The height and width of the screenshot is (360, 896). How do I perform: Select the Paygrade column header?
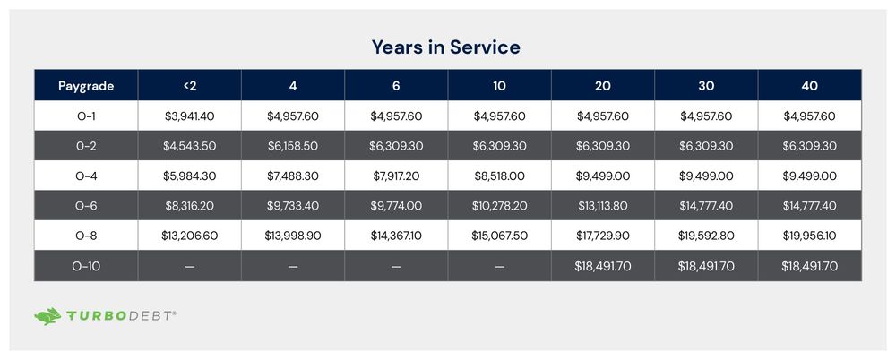[x=86, y=86]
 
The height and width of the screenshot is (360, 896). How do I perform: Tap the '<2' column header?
[x=189, y=86]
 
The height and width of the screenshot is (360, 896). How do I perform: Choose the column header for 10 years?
[x=499, y=86]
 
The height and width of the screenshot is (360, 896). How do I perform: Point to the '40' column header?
[x=809, y=86]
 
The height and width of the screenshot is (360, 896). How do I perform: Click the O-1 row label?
[x=86, y=116]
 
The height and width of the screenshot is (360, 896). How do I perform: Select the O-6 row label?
[x=86, y=206]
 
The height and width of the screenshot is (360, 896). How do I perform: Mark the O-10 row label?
[x=86, y=267]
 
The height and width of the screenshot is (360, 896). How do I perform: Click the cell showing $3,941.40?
[x=189, y=116]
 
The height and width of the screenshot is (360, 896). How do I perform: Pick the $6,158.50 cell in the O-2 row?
[x=292, y=146]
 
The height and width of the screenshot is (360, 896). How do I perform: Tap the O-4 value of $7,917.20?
[x=396, y=176]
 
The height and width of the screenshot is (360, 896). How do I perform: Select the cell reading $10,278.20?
[x=499, y=206]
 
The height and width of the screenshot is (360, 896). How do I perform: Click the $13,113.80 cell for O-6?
[x=602, y=206]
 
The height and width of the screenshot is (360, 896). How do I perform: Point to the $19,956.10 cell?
[x=809, y=236]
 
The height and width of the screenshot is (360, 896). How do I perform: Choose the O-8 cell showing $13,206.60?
[x=189, y=236]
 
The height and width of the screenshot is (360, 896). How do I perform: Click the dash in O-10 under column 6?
[x=396, y=267]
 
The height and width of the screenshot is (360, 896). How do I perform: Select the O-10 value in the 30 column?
[x=706, y=267]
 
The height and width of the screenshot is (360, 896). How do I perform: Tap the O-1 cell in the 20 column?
[x=602, y=116]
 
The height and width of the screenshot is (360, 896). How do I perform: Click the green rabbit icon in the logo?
[x=47, y=316]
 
